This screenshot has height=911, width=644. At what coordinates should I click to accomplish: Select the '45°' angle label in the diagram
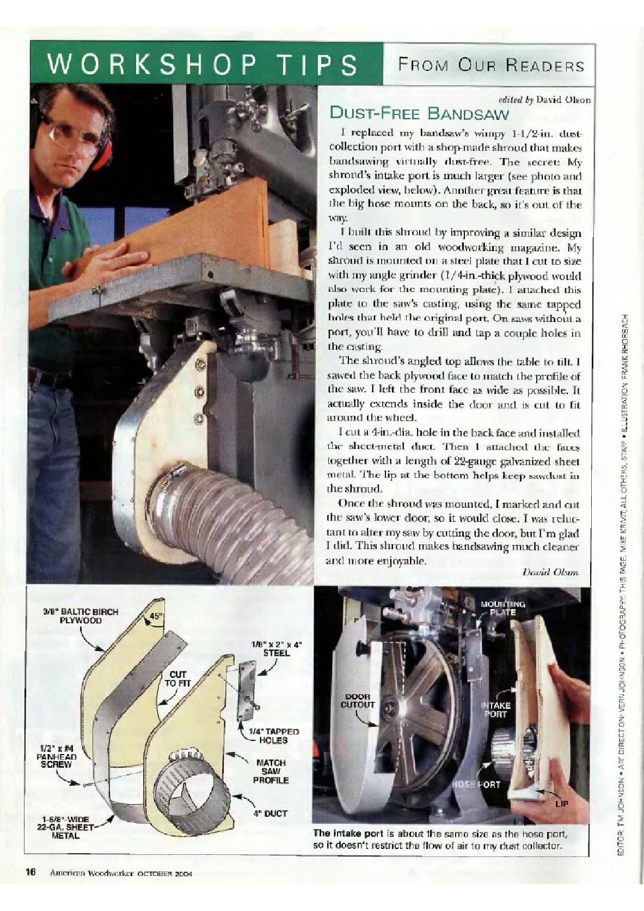pos(156,616)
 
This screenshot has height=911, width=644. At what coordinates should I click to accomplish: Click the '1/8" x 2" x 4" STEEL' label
pos(277,649)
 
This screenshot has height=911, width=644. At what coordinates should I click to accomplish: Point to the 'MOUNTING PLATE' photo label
pos(502,608)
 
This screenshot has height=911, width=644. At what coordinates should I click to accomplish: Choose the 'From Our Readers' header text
pos(491,64)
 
